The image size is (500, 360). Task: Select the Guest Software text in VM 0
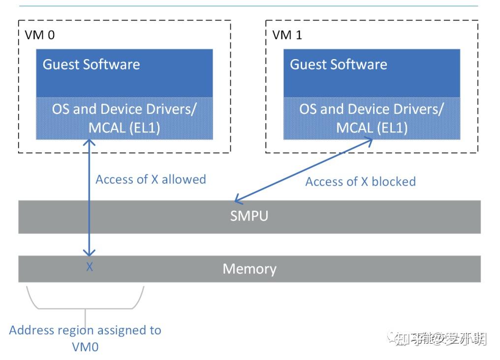(91, 65)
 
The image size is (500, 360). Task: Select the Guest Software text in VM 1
(339, 65)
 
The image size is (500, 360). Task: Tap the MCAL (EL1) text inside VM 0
(124, 128)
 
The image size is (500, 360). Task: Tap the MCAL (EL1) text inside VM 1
(372, 128)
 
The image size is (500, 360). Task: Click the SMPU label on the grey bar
(249, 216)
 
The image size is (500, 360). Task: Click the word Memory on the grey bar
(250, 269)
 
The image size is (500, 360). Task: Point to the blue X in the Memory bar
(90, 268)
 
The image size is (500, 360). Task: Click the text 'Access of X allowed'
(151, 179)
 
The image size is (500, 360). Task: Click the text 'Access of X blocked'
(360, 182)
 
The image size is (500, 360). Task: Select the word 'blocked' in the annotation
(394, 182)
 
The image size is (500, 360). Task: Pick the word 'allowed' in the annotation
(184, 179)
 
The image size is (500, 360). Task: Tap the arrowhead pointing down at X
(89, 253)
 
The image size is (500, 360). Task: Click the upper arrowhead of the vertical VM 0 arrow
(89, 142)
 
